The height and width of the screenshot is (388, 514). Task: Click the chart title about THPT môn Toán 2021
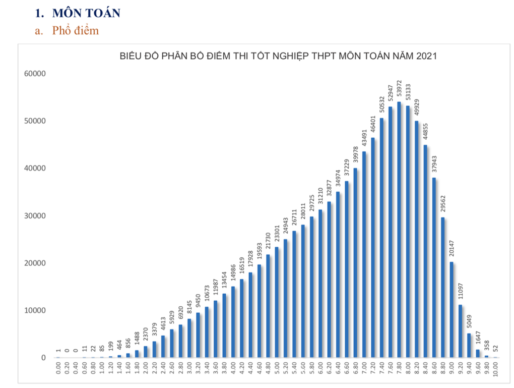278,56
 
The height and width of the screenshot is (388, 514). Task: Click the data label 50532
381,105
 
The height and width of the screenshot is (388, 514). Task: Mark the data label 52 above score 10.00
495,349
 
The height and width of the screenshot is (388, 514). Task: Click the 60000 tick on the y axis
35,74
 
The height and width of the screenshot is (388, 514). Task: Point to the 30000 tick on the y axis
35,216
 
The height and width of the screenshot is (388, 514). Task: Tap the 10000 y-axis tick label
35,310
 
